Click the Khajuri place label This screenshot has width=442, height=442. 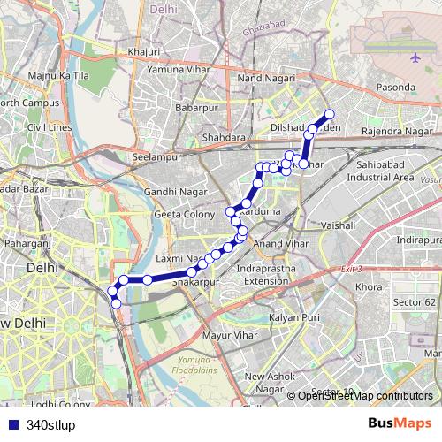143,52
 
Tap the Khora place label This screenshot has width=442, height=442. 368,287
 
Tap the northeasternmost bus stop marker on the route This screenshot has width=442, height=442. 330,113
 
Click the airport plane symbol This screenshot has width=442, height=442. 415,58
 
